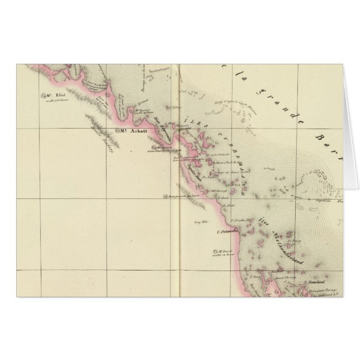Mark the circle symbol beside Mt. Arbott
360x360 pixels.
[x=119, y=132]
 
